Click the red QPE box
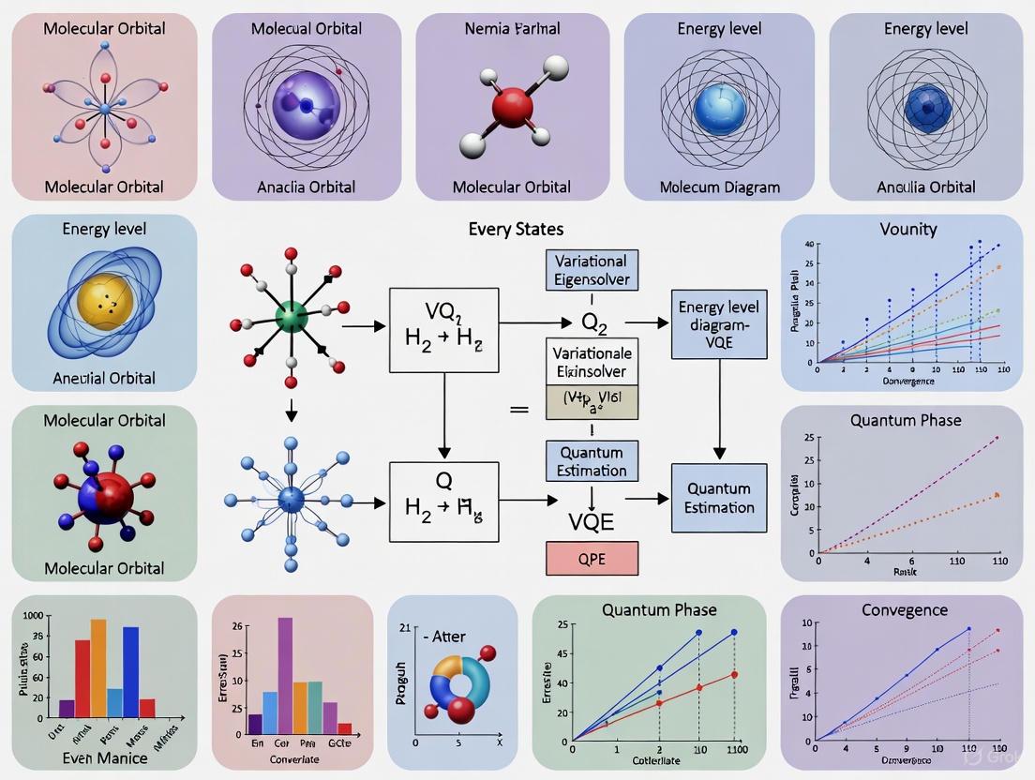pos(592,558)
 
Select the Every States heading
pos(516,229)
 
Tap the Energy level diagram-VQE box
pos(719,325)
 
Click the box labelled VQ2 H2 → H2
pos(443,325)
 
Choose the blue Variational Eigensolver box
pos(592,270)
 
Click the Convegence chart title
pos(905,609)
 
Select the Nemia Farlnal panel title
pos(513,28)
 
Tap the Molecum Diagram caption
pos(719,187)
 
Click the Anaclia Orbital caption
pos(307,187)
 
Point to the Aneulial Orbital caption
pos(105,379)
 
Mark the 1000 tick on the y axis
pos(32,616)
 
